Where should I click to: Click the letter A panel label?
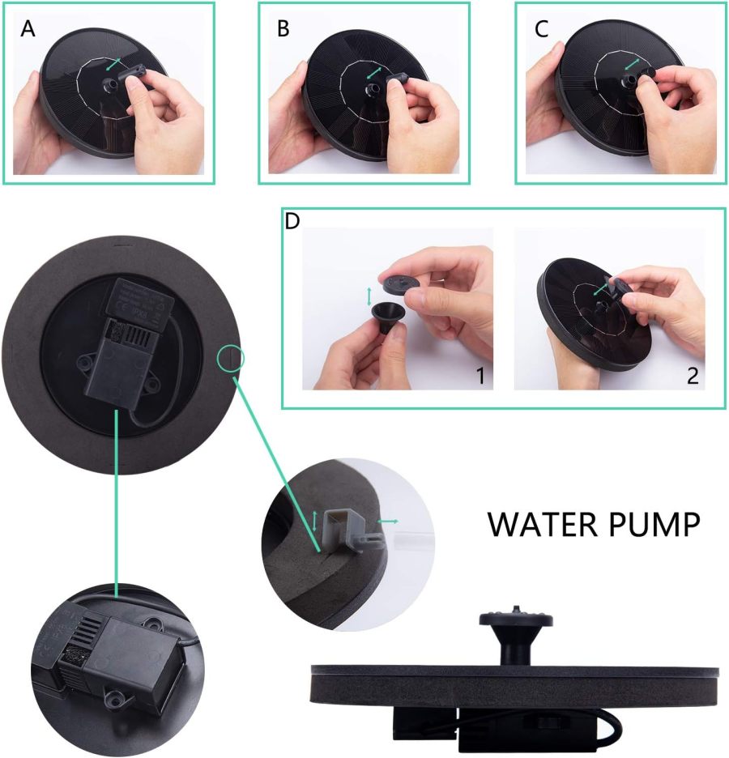[28, 29]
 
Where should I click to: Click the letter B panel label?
[283, 30]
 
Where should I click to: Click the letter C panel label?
[542, 29]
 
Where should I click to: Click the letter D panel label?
[292, 221]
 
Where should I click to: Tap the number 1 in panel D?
[480, 377]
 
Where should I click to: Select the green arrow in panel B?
[374, 72]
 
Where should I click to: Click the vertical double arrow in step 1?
[369, 294]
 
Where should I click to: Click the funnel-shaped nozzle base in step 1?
[386, 317]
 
